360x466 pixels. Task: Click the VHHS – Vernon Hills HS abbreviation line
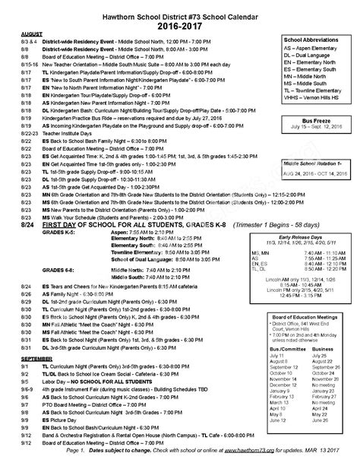click(311, 98)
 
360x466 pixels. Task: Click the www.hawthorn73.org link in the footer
click(254, 454)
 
